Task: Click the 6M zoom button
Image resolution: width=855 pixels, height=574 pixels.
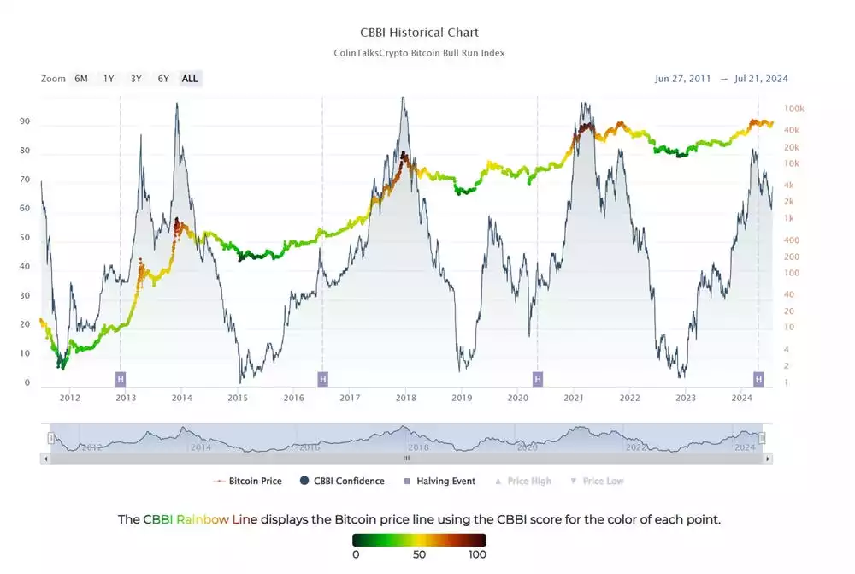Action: [81, 79]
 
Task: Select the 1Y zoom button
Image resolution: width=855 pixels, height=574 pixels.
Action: [109, 79]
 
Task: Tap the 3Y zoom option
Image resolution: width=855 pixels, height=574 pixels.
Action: [136, 79]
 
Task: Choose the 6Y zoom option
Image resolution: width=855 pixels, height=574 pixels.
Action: [163, 79]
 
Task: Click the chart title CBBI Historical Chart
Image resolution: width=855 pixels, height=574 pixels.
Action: [419, 33]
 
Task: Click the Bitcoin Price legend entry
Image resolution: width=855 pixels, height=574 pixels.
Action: [255, 482]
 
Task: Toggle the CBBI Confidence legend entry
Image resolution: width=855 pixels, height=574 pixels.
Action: [349, 482]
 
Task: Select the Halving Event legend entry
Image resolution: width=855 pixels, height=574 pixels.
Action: [445, 482]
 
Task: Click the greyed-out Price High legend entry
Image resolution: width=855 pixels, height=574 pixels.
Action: [528, 482]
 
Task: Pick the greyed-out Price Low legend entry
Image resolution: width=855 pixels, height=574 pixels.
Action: [603, 482]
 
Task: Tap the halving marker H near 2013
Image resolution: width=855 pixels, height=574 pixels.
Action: [121, 378]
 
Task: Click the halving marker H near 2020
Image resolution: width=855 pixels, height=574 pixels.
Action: [538, 378]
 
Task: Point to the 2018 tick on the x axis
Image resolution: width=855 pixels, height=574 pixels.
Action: [405, 398]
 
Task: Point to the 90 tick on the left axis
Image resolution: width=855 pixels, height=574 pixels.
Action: [25, 122]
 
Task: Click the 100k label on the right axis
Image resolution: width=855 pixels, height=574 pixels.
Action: [794, 109]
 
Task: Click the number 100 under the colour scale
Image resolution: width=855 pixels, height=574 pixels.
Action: [477, 554]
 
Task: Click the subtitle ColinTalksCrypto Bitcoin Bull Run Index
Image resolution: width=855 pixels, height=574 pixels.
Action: [419, 53]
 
